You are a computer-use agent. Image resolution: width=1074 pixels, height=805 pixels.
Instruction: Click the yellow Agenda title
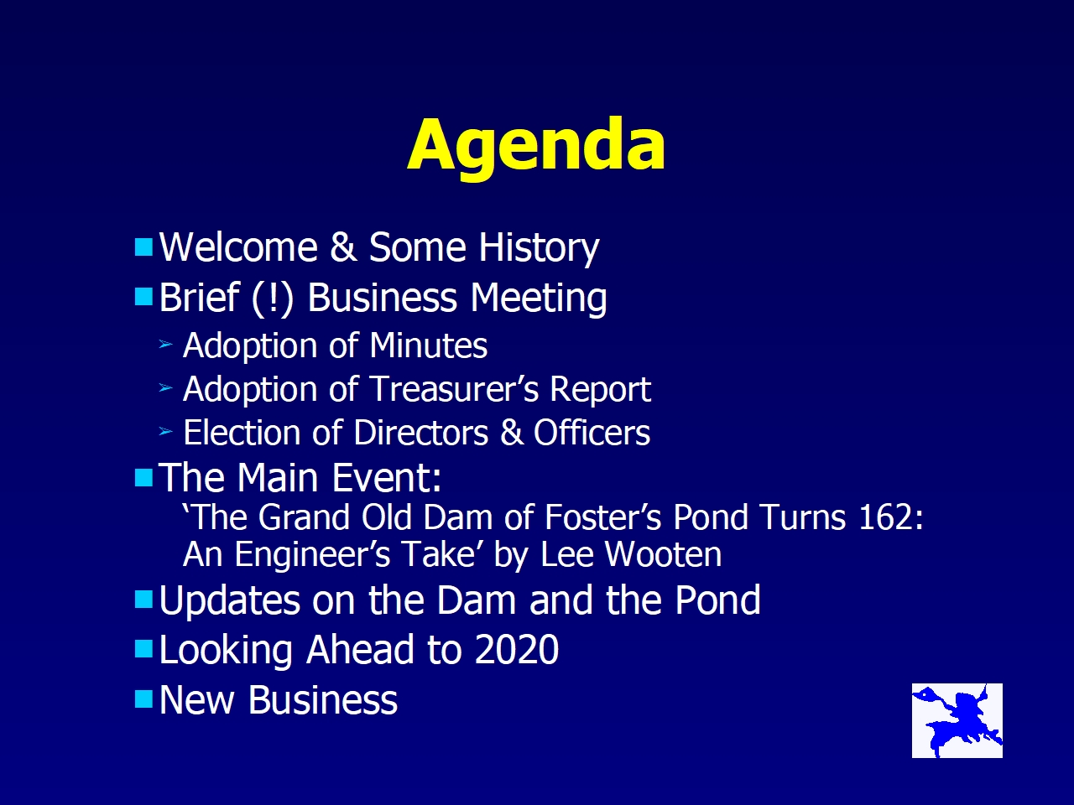pos(536,148)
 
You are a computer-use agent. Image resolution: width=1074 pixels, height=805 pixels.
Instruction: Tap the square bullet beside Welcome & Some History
pos(143,247)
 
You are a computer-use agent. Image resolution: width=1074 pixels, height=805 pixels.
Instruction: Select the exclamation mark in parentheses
pos(273,298)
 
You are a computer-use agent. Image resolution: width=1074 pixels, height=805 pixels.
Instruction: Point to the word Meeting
pos(539,299)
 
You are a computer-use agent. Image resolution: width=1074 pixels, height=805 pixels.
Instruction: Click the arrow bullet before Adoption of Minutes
pos(166,345)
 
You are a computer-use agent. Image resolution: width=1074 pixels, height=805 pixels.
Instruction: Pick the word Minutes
pos(429,345)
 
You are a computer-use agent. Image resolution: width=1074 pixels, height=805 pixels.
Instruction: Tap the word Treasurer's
pos(456,390)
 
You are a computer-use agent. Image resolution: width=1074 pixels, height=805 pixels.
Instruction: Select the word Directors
pos(421,433)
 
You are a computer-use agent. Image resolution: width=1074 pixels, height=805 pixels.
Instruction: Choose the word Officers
pos(592,433)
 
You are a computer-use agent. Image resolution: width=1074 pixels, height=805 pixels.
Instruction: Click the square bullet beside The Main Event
pos(143,477)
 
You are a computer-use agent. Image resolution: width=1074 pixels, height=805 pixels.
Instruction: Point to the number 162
pos(886,517)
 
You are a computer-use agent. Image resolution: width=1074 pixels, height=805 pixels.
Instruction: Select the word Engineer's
pos(312,555)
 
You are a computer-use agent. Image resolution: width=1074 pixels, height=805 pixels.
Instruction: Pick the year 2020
pos(516,650)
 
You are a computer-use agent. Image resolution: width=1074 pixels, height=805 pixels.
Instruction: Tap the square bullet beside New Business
pos(143,699)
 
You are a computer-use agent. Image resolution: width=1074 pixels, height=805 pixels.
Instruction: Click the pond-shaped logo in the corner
pos(957,721)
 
